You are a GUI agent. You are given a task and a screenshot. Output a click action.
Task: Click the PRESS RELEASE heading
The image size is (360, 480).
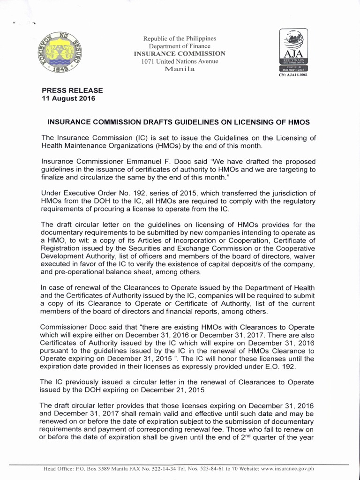click(72, 90)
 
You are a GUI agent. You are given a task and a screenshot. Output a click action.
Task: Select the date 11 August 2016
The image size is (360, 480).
click(68, 98)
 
